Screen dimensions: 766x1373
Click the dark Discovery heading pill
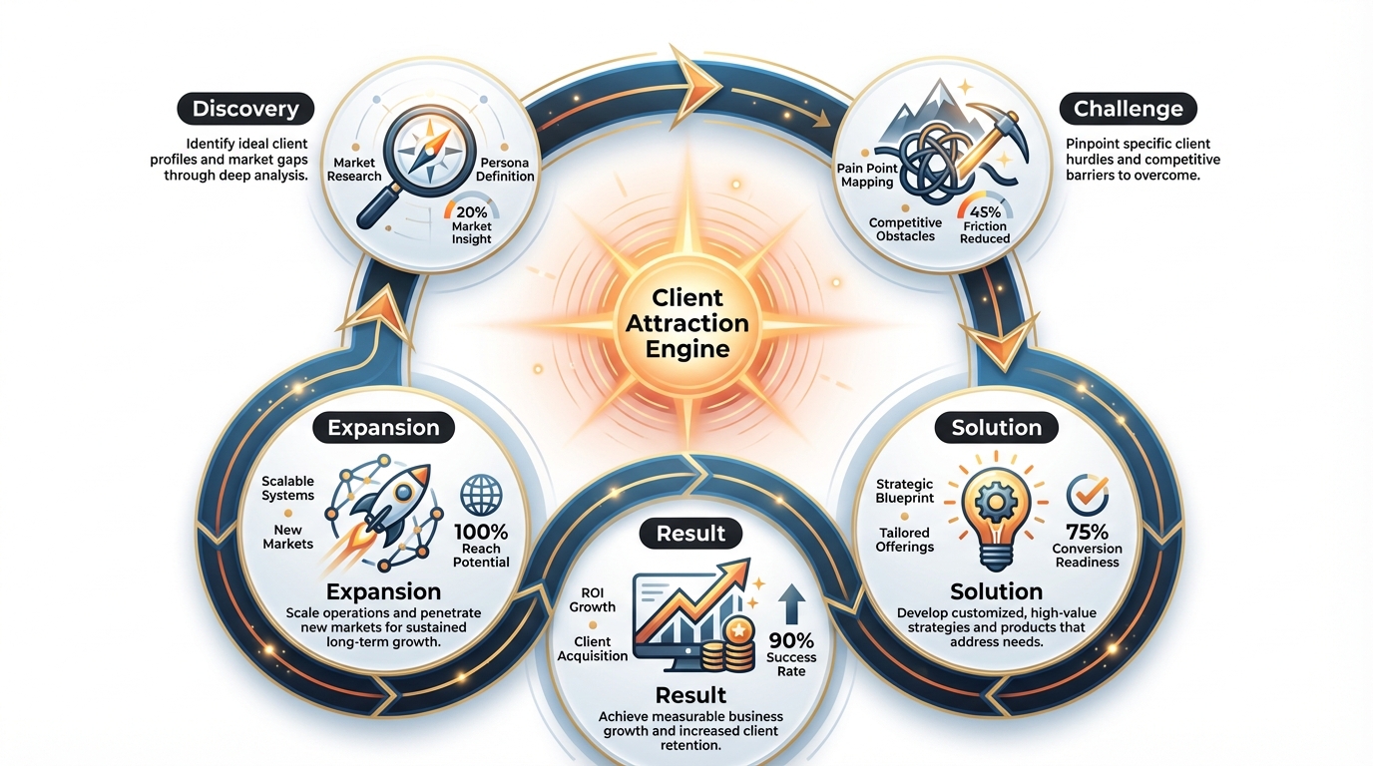point(245,109)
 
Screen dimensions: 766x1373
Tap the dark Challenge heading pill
point(1128,109)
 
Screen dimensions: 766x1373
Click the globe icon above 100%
point(481,496)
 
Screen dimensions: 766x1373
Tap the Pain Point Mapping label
point(867,176)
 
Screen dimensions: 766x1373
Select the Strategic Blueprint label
point(904,491)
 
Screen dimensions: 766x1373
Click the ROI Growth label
point(592,600)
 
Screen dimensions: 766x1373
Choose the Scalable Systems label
point(287,489)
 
